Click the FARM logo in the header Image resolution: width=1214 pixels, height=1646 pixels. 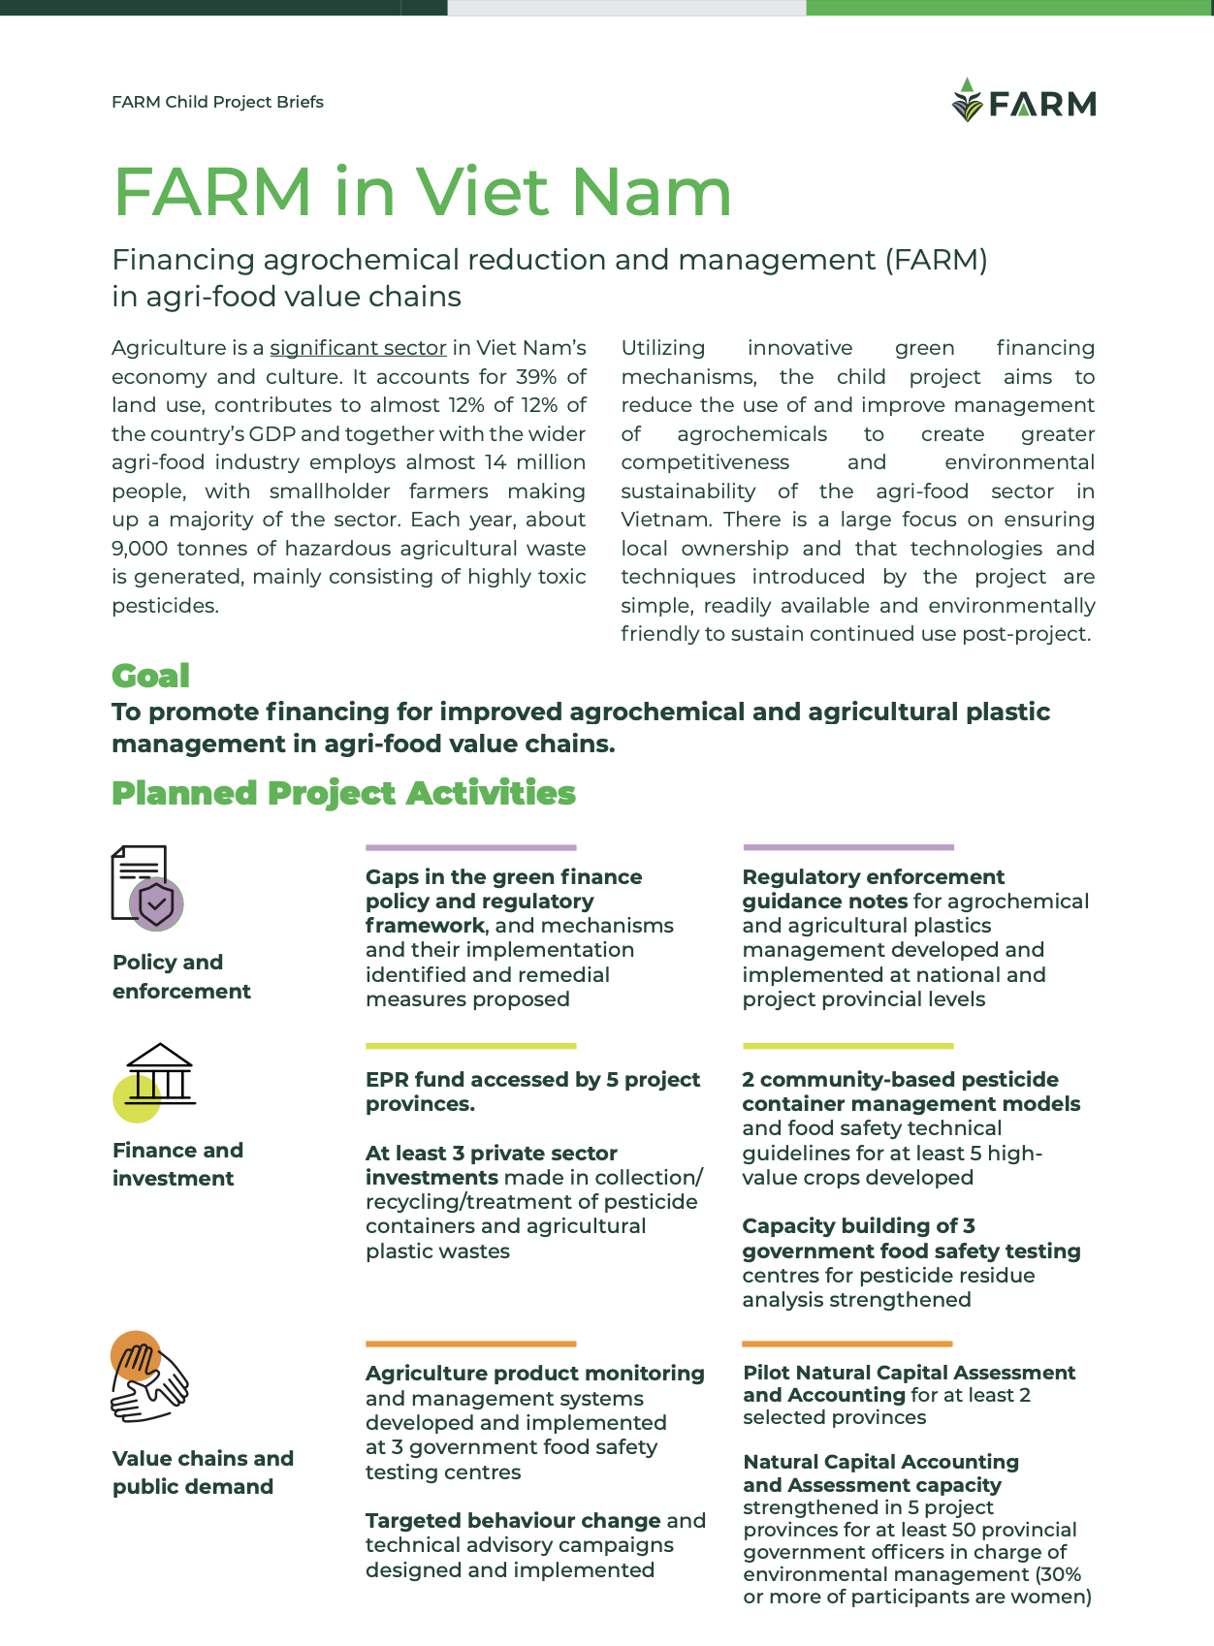tap(1024, 101)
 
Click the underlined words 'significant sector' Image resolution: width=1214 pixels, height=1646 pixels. tap(358, 348)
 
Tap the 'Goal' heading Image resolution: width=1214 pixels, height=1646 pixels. tap(150, 676)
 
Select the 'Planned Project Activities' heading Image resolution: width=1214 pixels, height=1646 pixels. tap(343, 793)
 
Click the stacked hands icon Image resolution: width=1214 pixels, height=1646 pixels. tap(148, 1377)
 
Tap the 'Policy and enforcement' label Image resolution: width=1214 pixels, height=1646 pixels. tap(181, 976)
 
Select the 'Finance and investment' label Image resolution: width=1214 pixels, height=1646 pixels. tap(177, 1164)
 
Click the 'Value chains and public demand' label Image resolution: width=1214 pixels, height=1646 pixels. tap(203, 1472)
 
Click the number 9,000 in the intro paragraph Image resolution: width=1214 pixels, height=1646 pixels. tap(140, 549)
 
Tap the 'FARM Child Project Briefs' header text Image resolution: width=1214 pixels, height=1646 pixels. tap(217, 103)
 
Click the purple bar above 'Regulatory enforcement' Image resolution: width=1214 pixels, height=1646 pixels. tap(847, 847)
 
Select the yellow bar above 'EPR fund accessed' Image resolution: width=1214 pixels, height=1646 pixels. tap(470, 1046)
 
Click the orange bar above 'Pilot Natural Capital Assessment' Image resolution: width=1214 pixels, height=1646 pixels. tap(847, 1344)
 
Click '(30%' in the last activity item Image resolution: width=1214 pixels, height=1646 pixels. tap(1058, 1574)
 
